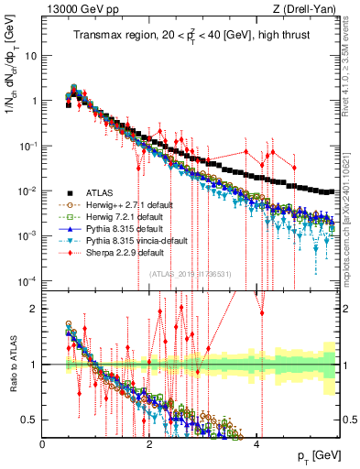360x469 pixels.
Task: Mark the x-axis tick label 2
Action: tap(150, 444)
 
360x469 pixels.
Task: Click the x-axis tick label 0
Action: tap(43, 444)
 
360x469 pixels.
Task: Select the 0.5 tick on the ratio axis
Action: tap(31, 420)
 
